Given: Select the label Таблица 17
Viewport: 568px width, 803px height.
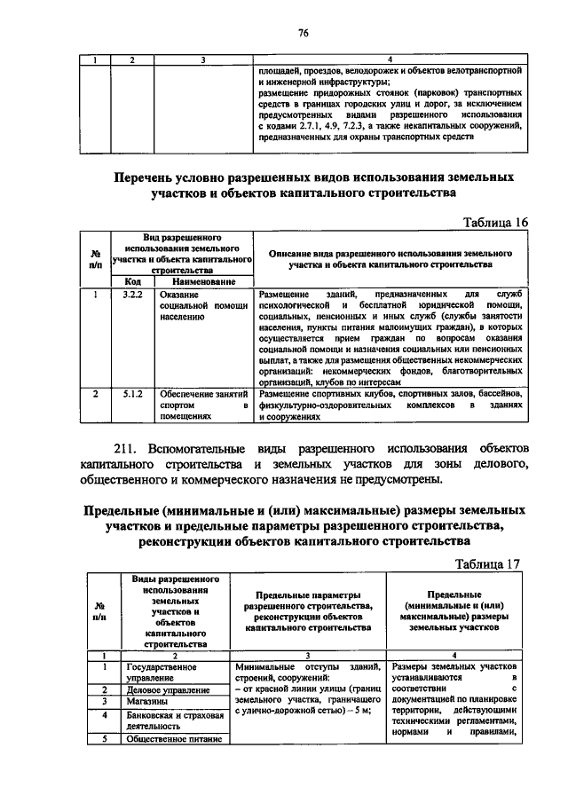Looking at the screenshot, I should pyautogui.click(x=486, y=564).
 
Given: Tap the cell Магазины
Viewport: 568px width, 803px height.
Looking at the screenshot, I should pyautogui.click(x=147, y=701).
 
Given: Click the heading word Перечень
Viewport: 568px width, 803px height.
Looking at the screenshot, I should pyautogui.click(x=158, y=177).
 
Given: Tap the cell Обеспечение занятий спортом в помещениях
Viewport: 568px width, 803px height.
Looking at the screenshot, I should pyautogui.click(x=203, y=403).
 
